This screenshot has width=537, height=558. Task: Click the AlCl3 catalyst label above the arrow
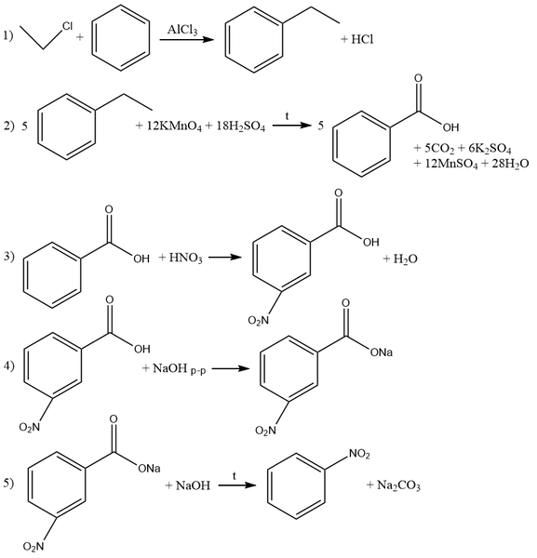click(x=182, y=30)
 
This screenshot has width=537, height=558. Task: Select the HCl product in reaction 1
click(x=362, y=39)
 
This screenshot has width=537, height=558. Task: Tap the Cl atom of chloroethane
click(x=67, y=26)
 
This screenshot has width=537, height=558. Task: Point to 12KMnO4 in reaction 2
click(x=174, y=126)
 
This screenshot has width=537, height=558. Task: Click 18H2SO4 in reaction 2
click(x=241, y=126)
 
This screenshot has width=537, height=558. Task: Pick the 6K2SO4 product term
click(x=490, y=149)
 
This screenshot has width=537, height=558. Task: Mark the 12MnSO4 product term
click(x=451, y=164)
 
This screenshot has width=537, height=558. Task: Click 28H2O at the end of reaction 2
click(x=510, y=164)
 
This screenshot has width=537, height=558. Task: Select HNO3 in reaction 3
click(x=185, y=258)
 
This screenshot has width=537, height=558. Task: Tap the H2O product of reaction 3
click(x=405, y=259)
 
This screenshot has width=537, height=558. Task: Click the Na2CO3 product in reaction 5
click(x=398, y=485)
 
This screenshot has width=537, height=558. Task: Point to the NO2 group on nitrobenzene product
click(x=359, y=454)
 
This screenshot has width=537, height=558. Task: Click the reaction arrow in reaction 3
click(x=225, y=257)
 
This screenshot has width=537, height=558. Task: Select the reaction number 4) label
click(x=9, y=365)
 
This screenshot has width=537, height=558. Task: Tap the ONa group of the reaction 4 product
click(x=382, y=352)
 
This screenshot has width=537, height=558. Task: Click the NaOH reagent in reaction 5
click(x=193, y=485)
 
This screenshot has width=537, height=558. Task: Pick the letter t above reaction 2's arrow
click(x=287, y=116)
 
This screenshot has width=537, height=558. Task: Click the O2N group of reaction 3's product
click(x=258, y=321)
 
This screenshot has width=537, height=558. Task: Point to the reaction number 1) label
click(x=8, y=35)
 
